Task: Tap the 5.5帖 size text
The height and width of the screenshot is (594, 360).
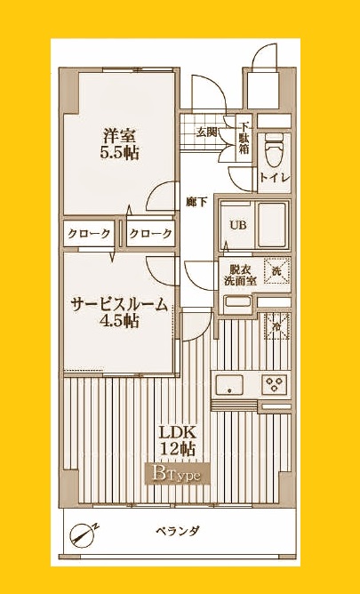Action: [x=120, y=153]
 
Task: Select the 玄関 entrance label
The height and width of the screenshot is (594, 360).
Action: [x=206, y=132]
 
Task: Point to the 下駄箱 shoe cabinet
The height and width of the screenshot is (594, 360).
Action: [x=244, y=139]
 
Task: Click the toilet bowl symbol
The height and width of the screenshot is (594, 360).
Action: [x=274, y=148]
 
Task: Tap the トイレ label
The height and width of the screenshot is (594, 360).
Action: [x=272, y=178]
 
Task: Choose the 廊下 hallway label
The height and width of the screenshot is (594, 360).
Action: [x=196, y=202]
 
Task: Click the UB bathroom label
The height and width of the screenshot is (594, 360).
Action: [x=237, y=224]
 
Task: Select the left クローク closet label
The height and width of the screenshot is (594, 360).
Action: [x=88, y=235]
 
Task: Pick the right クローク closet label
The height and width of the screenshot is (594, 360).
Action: [x=150, y=235]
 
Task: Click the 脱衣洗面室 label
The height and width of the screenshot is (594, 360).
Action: [x=242, y=276]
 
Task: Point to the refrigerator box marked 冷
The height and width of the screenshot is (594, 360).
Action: [x=276, y=326]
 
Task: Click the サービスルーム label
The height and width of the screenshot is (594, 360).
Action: [x=119, y=305]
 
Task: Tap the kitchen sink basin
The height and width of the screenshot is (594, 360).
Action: [x=231, y=386]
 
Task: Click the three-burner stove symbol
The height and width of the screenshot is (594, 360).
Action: [x=273, y=385]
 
